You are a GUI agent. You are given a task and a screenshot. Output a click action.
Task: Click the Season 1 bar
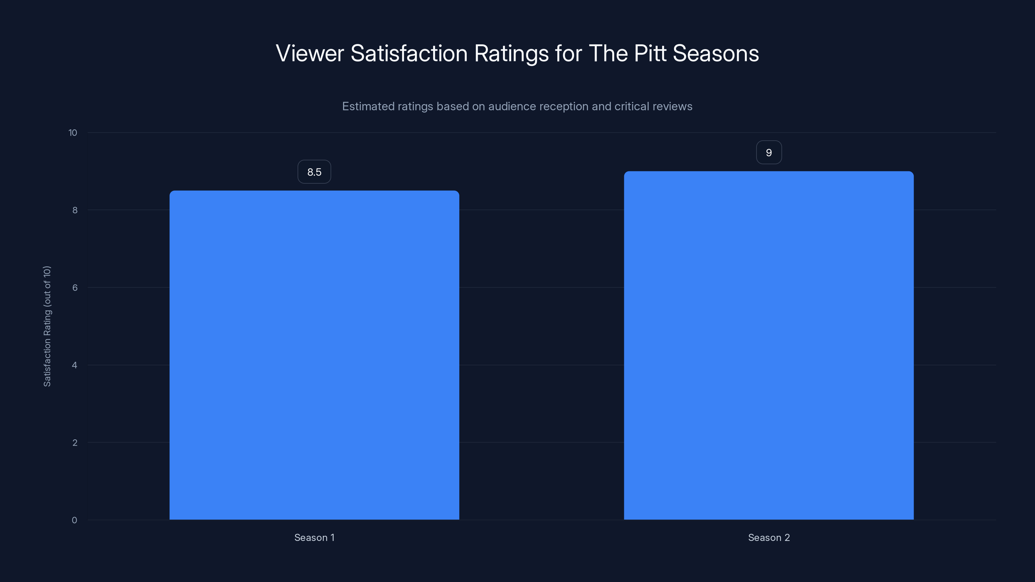(x=314, y=355)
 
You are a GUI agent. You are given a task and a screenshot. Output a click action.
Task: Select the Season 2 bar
(x=768, y=345)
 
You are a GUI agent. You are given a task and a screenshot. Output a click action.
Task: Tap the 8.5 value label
(x=314, y=172)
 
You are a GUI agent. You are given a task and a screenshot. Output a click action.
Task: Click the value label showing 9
(x=768, y=153)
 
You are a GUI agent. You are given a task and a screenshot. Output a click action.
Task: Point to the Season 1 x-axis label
(x=314, y=537)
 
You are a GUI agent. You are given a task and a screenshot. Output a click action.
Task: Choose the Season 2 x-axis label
(x=768, y=537)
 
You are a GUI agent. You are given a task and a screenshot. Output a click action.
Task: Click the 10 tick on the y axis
(x=73, y=133)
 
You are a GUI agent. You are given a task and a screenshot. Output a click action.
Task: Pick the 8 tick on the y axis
(x=75, y=210)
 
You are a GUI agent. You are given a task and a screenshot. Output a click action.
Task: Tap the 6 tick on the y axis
(x=75, y=287)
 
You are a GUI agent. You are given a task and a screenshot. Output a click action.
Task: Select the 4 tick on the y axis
(x=75, y=365)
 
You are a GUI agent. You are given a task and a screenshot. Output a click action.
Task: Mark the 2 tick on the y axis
(x=75, y=443)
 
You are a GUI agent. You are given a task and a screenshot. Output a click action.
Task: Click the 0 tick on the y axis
(x=74, y=520)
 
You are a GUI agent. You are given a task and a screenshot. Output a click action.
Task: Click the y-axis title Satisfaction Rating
(x=47, y=326)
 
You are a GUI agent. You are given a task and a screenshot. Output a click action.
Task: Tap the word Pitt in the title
(x=650, y=53)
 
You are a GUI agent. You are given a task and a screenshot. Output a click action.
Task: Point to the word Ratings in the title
(x=511, y=53)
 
